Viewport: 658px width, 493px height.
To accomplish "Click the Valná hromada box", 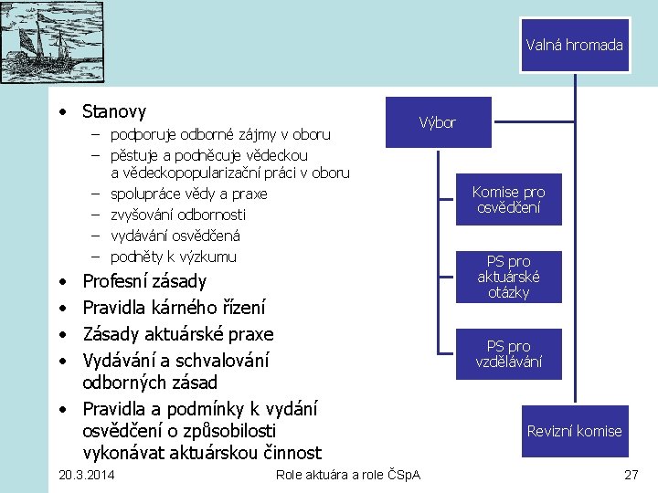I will [574, 45].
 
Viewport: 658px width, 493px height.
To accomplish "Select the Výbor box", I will [438, 122].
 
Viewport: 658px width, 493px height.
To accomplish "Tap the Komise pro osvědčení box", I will [508, 200].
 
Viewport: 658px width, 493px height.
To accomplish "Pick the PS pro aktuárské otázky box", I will [508, 277].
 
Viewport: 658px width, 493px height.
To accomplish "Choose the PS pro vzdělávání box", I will [508, 353].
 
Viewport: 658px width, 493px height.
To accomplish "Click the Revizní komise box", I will [574, 431].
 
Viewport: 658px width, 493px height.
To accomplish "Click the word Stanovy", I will [113, 112].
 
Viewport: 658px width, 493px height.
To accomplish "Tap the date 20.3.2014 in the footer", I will [86, 475].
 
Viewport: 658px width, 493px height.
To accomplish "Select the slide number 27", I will [631, 475].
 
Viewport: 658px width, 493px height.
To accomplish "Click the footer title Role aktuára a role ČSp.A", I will [347, 475].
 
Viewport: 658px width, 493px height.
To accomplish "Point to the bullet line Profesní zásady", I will [144, 281].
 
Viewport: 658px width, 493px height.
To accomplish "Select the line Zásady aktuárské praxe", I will [177, 334].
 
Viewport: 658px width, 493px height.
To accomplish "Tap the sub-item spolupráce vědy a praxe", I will [188, 194].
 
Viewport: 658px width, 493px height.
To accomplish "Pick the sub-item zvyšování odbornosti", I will [178, 215].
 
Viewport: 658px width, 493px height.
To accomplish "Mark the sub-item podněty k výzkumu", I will [173, 257].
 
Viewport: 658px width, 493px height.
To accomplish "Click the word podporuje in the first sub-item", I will [143, 135].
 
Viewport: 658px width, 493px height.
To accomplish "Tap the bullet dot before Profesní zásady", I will [59, 282].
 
